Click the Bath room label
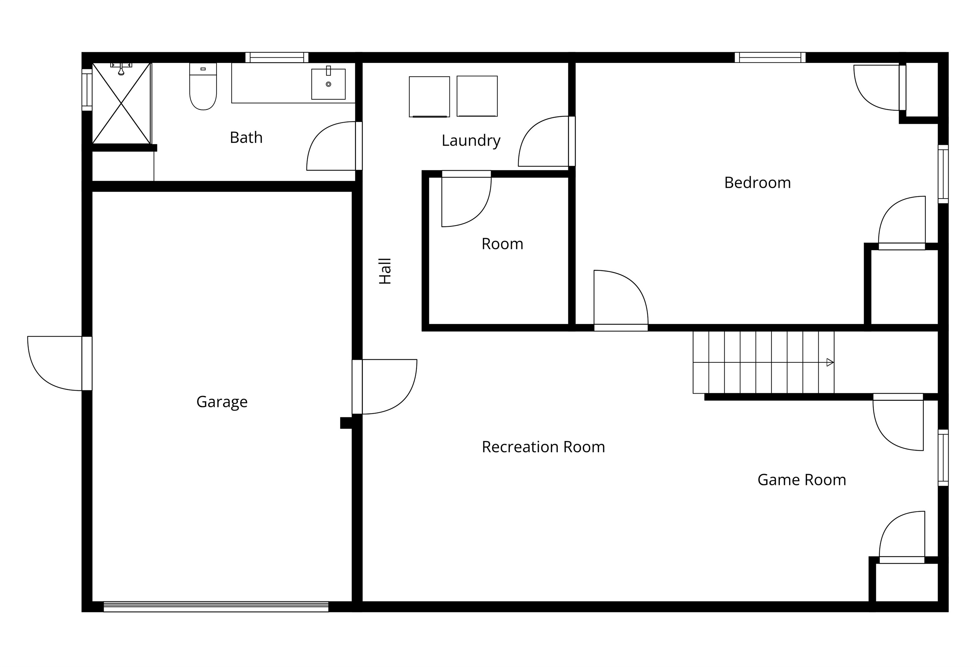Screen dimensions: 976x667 coord(246,138)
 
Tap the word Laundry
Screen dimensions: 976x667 coord(471,140)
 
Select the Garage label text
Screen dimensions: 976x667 coord(222,402)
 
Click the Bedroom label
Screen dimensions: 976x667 coord(758,183)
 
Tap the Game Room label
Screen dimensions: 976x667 coord(802,480)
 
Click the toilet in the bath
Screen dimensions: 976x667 coord(203,87)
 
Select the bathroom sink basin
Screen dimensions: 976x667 coord(329,84)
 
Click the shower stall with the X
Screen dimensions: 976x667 coord(121,103)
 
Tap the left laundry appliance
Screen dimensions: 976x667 coord(429,97)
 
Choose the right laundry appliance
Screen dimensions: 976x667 coord(477,96)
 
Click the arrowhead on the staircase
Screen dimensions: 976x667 coord(830,362)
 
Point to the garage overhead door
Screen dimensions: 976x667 coord(216,607)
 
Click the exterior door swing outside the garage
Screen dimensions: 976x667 coord(55,363)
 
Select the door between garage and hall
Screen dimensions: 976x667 coord(385,387)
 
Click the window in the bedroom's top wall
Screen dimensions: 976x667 coord(770,57)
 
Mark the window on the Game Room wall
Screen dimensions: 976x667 coord(943,457)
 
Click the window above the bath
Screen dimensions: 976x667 coord(277,57)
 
